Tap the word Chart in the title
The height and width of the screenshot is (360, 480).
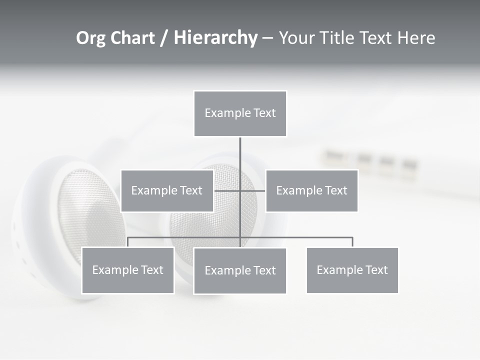click(133, 38)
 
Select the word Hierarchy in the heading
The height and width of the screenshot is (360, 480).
click(215, 38)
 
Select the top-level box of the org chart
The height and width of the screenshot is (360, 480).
click(240, 113)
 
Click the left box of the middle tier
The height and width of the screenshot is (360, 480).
click(167, 190)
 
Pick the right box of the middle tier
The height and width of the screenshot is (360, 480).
click(311, 190)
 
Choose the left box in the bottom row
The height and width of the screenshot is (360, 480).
click(127, 270)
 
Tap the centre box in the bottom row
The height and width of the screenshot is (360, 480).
click(240, 271)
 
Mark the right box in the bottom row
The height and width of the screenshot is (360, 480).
click(352, 270)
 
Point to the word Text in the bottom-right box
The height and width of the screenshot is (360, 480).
click(376, 270)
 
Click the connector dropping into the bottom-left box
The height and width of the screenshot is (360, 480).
click(127, 242)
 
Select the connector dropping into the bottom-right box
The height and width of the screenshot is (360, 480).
click(352, 242)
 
